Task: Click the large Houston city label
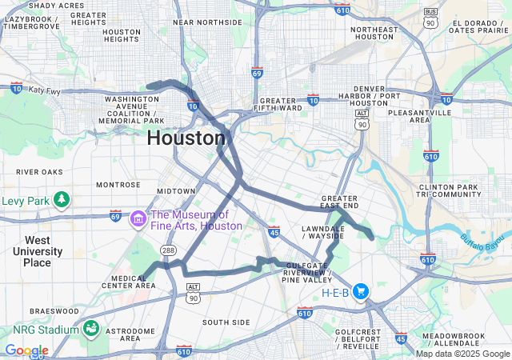186,138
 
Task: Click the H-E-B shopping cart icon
361,292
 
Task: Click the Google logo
26,350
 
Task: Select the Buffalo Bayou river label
486,238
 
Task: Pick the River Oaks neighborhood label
39,171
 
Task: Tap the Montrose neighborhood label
118,184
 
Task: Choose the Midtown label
176,191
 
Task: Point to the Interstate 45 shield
274,232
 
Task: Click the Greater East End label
339,202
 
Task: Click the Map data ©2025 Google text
462,354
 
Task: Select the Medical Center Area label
134,282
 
